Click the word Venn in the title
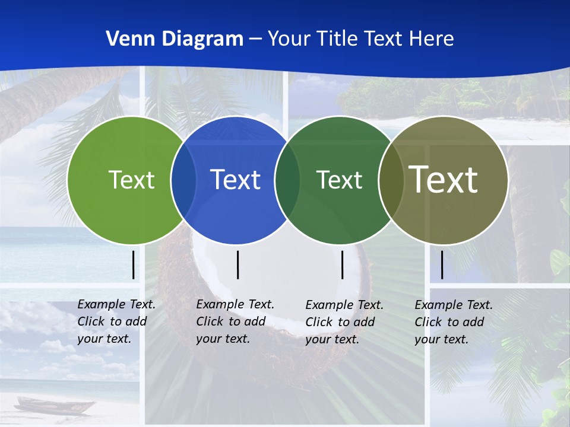[128, 39]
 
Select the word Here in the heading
[432, 39]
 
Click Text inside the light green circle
[131, 180]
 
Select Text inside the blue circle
[236, 180]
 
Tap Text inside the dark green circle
[339, 180]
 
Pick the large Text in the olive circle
[444, 180]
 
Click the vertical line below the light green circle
[133, 265]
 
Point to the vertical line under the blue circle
[237, 265]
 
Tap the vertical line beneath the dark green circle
[342, 265]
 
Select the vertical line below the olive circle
[442, 265]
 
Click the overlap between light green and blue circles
[183, 180]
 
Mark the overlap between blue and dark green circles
[287, 180]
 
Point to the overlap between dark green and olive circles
[391, 180]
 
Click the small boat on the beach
[54, 406]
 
